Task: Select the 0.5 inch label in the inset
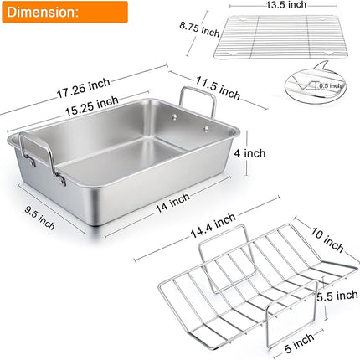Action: coord(331,85)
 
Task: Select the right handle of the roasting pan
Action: coord(203,104)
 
